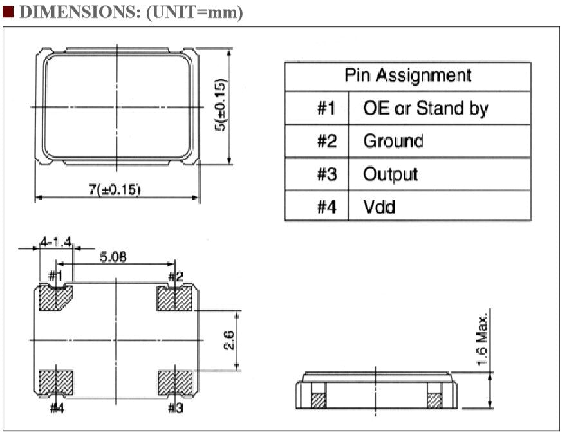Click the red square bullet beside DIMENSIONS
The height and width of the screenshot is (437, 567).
coord(8,12)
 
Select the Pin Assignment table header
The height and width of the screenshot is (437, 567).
coord(407,77)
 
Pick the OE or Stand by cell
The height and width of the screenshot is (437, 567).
coord(440,108)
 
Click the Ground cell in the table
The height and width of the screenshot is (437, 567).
coord(440,141)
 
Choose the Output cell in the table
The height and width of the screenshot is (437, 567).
coord(440,174)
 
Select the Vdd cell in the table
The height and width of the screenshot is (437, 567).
coord(440,206)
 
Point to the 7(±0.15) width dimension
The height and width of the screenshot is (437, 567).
coord(115,190)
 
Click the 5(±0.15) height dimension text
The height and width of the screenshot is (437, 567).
coord(220,104)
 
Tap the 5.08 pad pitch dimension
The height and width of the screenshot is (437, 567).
coord(113,257)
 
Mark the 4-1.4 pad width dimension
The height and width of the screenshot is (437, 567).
coord(56,241)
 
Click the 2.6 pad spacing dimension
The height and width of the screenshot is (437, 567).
coord(229,340)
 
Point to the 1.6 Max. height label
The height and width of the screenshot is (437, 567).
coord(481,339)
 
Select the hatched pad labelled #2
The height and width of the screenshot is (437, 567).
coord(174,298)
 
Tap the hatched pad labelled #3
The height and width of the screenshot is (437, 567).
coord(176,382)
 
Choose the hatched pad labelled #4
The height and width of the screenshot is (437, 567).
coord(56,382)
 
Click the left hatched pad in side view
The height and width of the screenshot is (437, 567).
coord(319,400)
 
